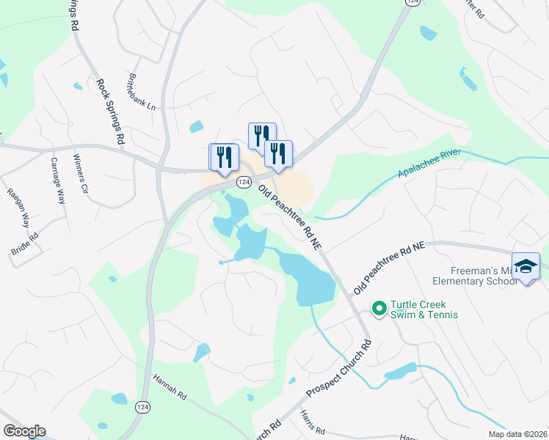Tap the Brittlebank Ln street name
point(142,91)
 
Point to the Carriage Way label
point(57,181)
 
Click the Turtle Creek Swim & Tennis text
point(424,309)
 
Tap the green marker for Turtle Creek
point(379,309)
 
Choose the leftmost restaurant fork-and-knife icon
point(224,156)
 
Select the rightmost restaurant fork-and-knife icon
point(278,153)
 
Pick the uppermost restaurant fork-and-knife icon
point(262,135)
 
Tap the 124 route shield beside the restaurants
point(243,181)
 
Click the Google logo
point(24,431)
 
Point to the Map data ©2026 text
point(518,434)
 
